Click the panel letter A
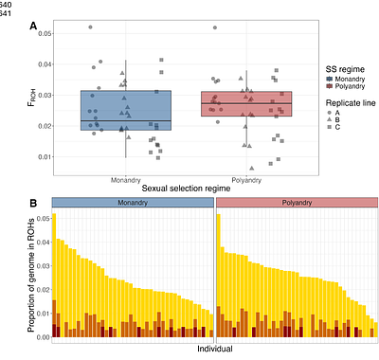[x=33, y=26]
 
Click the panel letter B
[x=33, y=203]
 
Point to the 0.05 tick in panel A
[x=44, y=33]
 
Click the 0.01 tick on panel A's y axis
[x=44, y=157]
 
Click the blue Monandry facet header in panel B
[x=134, y=204]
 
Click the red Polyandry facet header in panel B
[x=297, y=204]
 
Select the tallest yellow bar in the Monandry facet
[x=54, y=275]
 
